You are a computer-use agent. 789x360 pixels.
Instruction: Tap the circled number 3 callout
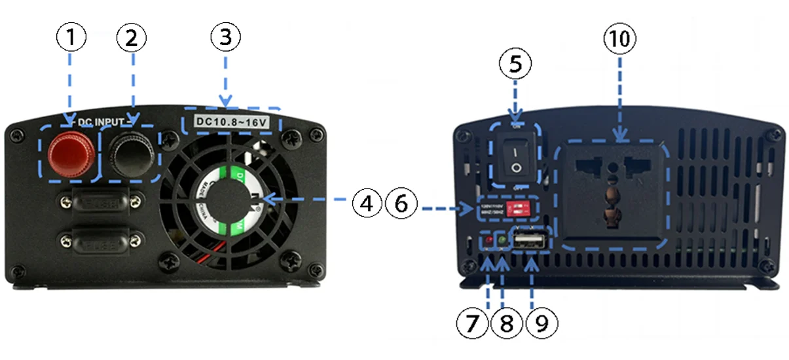(225, 38)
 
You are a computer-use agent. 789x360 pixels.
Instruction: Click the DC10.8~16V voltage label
(230, 121)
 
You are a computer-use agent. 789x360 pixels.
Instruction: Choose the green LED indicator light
(503, 241)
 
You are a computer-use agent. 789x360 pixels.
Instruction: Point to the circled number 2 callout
(132, 38)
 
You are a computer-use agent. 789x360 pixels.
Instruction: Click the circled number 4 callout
(368, 204)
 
